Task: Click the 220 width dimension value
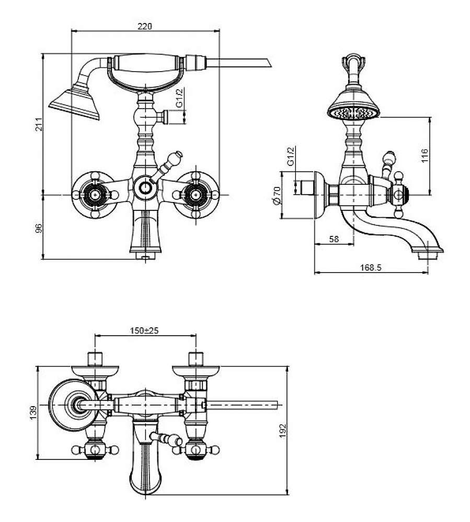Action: pyautogui.click(x=145, y=27)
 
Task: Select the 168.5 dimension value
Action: pyautogui.click(x=371, y=267)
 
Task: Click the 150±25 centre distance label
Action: pyautogui.click(x=145, y=330)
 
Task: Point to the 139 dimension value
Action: pyautogui.click(x=33, y=412)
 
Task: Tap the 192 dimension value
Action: pyautogui.click(x=283, y=430)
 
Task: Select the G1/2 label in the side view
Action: pyautogui.click(x=292, y=156)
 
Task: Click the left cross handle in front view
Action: pyautogui.click(x=95, y=195)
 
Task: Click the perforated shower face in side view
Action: pyautogui.click(x=353, y=112)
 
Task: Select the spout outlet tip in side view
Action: pyautogui.click(x=429, y=254)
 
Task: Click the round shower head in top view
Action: pyautogui.click(x=73, y=404)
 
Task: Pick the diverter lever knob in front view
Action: pyautogui.click(x=178, y=155)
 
